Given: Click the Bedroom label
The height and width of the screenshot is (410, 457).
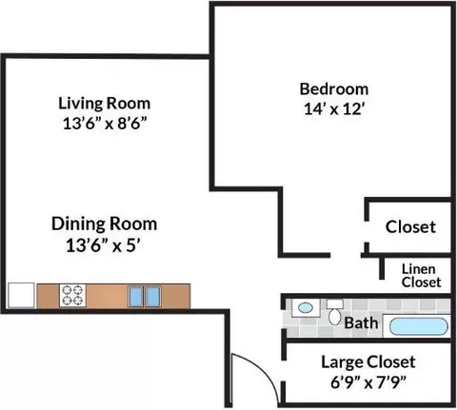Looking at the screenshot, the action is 334,89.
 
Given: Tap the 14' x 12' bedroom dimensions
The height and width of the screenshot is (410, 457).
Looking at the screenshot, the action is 333,109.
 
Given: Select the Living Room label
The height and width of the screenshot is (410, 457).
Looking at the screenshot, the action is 105,104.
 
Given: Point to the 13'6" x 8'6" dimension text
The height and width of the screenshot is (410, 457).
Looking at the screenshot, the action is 106,124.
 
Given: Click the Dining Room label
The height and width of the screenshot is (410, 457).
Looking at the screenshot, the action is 105,224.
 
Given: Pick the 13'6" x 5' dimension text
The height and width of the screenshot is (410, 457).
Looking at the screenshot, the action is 104,245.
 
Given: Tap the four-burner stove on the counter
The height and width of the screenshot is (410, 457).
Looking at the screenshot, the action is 72,295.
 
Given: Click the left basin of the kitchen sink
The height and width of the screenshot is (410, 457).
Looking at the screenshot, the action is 135,296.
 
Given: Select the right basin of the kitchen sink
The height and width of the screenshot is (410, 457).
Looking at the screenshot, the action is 152,296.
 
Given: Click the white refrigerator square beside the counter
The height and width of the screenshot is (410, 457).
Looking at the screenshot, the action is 21,295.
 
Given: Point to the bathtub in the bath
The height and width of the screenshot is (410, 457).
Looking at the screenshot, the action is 418,326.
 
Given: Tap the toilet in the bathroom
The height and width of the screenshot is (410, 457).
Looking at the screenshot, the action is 335,312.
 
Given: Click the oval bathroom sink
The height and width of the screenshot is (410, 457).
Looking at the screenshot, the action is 306,307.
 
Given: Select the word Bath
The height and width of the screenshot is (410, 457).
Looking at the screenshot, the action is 361,323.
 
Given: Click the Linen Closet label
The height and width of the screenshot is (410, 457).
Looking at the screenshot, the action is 421,276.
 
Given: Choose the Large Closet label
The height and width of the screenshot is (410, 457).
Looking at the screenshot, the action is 368,362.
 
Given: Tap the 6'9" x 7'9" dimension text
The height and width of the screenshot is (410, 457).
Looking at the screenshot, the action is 368,382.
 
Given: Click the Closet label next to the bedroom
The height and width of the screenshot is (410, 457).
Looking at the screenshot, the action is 410,227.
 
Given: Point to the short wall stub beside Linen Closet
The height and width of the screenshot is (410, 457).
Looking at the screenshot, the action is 382,268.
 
